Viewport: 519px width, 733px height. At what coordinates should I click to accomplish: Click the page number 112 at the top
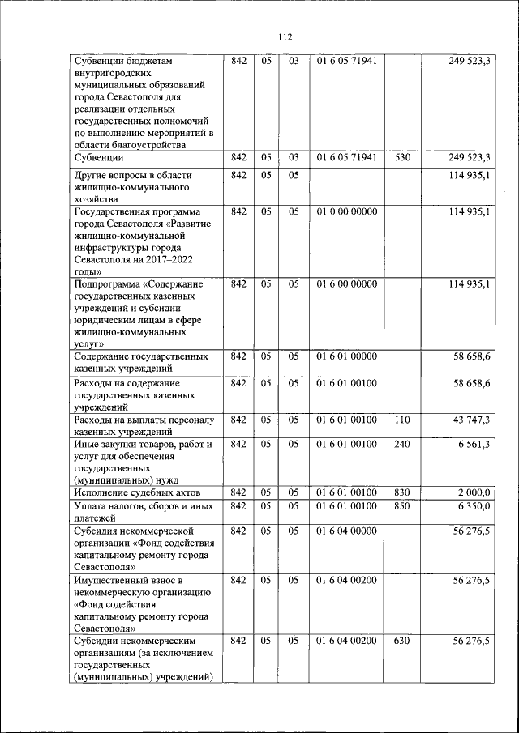point(285,37)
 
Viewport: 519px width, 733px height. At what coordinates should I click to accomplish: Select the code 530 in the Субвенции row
point(402,157)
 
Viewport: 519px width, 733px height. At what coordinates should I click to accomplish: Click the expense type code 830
point(402,492)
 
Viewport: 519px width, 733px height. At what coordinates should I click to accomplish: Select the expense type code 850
point(402,506)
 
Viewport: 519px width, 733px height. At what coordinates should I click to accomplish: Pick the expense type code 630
point(402,641)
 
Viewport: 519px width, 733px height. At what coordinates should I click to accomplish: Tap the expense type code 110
point(402,420)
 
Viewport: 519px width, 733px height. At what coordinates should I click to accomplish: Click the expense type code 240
point(402,444)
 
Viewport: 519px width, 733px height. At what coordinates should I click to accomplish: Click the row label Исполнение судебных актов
point(136,492)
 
